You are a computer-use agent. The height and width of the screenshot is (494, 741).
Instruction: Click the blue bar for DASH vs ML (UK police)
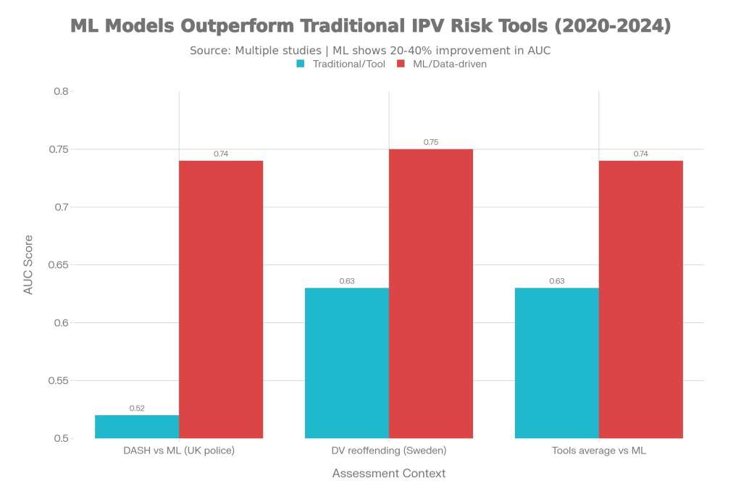coord(137,427)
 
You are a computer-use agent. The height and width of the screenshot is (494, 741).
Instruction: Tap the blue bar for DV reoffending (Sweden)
coord(347,363)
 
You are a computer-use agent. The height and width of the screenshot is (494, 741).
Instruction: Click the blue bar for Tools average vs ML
coord(557,363)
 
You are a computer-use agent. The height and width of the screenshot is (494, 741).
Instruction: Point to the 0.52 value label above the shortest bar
coord(137,409)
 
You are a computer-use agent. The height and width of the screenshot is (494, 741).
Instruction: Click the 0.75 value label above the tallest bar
coord(431,143)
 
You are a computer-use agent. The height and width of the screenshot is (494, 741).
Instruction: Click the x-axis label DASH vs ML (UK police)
coord(179,451)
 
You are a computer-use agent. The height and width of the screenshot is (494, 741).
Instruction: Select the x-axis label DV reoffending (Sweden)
coord(389,451)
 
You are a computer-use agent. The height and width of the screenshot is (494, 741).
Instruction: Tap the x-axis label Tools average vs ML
coord(598,451)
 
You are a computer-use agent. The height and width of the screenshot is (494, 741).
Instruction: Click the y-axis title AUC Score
coord(29,264)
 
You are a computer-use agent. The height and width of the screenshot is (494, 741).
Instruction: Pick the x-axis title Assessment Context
coord(388,474)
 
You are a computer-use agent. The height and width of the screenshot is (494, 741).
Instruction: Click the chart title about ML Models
coord(371,26)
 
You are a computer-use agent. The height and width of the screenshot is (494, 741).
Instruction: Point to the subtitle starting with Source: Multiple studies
coord(371,51)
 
